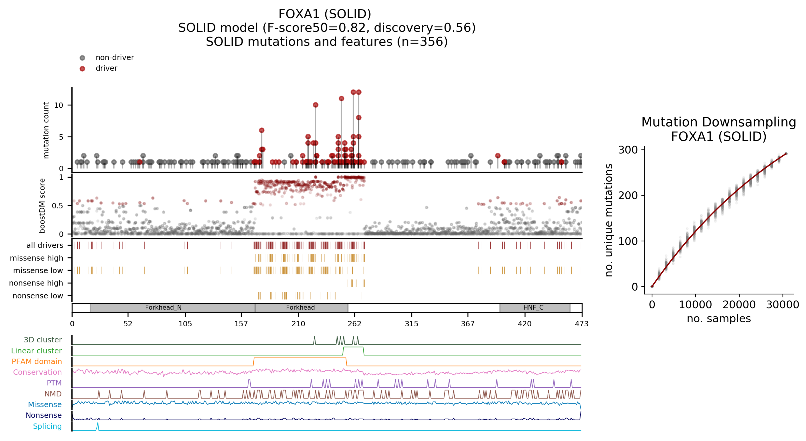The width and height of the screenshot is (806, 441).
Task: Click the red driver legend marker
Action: coord(82,68)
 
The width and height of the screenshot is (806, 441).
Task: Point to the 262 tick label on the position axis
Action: coord(355,324)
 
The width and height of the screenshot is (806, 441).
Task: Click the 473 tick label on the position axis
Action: coord(581,324)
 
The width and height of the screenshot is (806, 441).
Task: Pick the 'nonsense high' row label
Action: coord(36,283)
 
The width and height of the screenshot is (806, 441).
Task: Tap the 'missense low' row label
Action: coord(38,271)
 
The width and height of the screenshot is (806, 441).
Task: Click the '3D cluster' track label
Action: coord(43,340)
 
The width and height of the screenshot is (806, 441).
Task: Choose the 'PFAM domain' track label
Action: coord(37,362)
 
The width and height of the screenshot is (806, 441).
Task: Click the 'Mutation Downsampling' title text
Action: coord(718,122)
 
